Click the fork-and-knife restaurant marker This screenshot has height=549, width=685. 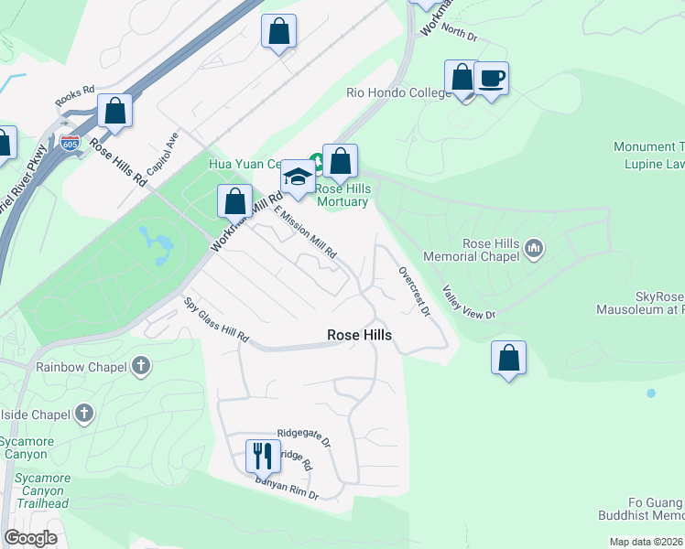(261, 455)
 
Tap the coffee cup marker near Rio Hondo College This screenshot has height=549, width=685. (491, 79)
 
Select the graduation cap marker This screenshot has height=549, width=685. (297, 178)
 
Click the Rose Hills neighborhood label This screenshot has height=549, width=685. (359, 336)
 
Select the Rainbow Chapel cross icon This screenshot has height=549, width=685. (140, 367)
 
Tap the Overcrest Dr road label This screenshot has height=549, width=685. (414, 291)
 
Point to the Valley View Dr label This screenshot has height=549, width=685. (468, 303)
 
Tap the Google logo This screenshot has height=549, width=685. (31, 538)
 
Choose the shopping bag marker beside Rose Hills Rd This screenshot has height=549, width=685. (115, 111)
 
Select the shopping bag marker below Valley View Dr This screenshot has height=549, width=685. (508, 358)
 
